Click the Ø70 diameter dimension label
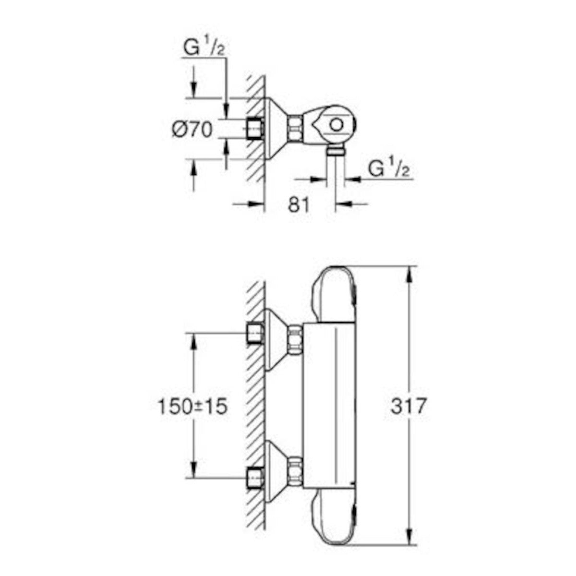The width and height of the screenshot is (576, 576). [x=192, y=130]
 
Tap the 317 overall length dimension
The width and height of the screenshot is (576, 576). [x=408, y=407]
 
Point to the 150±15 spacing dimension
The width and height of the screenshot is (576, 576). [x=192, y=407]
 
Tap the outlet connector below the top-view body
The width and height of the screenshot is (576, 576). [x=336, y=152]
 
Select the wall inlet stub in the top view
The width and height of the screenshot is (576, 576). [x=254, y=128]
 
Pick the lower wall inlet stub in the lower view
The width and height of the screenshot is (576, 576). [x=254, y=477]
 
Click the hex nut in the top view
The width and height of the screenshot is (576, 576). [x=295, y=128]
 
